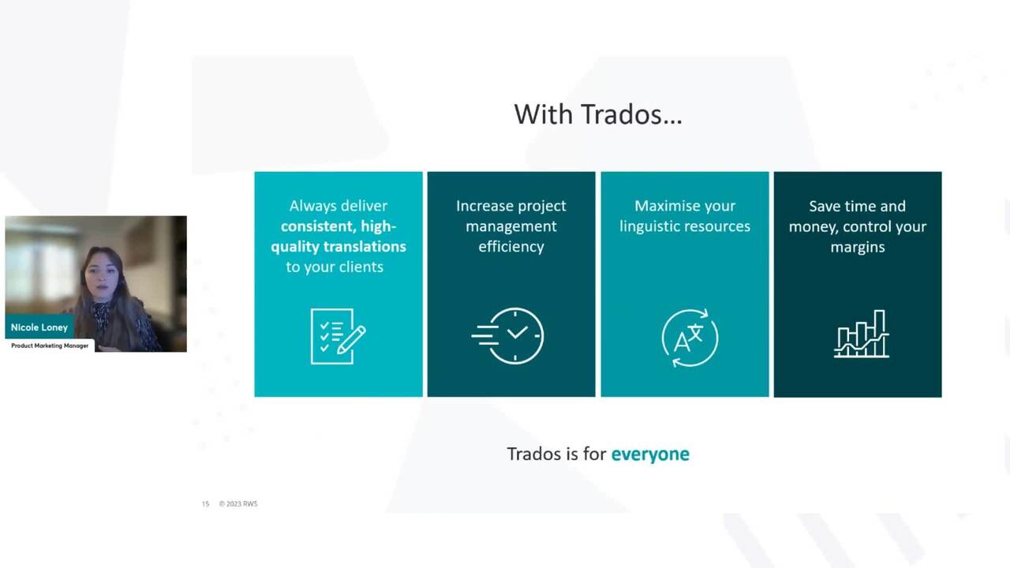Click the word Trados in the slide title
click(630, 114)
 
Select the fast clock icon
click(507, 336)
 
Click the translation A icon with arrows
click(690, 338)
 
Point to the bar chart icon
click(861, 334)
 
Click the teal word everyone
click(650, 454)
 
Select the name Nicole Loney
click(39, 327)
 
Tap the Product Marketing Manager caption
click(50, 346)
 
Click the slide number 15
click(206, 504)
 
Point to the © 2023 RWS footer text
click(238, 504)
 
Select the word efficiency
click(511, 247)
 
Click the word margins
click(858, 248)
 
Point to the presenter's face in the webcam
click(103, 273)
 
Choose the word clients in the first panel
click(361, 267)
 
